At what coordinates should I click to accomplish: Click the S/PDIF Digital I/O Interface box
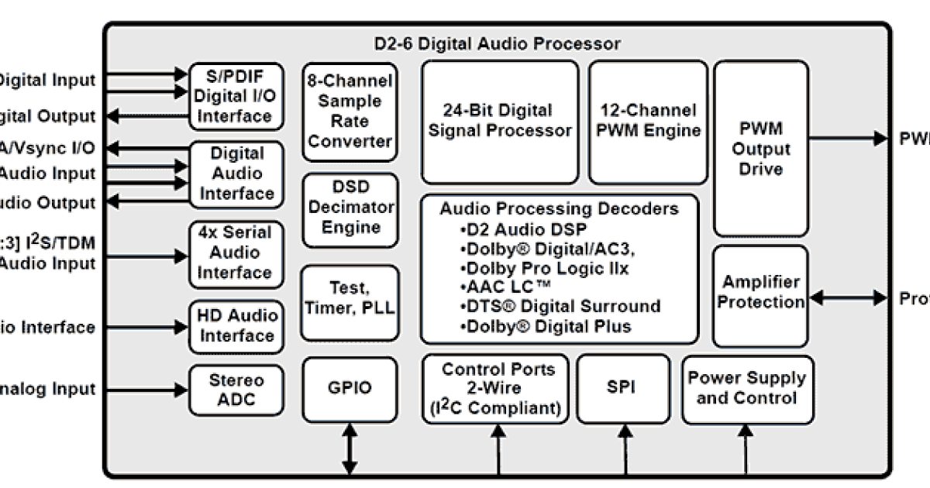pyautogui.click(x=236, y=97)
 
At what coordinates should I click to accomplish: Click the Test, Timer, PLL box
pyautogui.click(x=349, y=297)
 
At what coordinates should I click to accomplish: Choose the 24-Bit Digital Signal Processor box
pyautogui.click(x=498, y=121)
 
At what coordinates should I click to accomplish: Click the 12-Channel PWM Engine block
pyautogui.click(x=647, y=121)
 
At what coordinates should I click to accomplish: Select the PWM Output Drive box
pyautogui.click(x=760, y=148)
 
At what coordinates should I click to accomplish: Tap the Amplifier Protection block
pyautogui.click(x=760, y=292)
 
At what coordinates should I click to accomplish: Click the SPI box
pyautogui.click(x=622, y=388)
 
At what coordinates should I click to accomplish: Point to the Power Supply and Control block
pyautogui.click(x=747, y=388)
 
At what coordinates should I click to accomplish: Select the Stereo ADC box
pyautogui.click(x=236, y=390)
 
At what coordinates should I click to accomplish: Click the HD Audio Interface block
pyautogui.click(x=236, y=325)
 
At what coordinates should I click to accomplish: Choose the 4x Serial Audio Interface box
pyautogui.click(x=236, y=253)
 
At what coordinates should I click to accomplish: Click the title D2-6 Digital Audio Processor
pyautogui.click(x=496, y=43)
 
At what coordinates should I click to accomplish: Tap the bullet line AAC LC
pyautogui.click(x=504, y=287)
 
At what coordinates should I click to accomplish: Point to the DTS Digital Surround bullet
pyautogui.click(x=562, y=306)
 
